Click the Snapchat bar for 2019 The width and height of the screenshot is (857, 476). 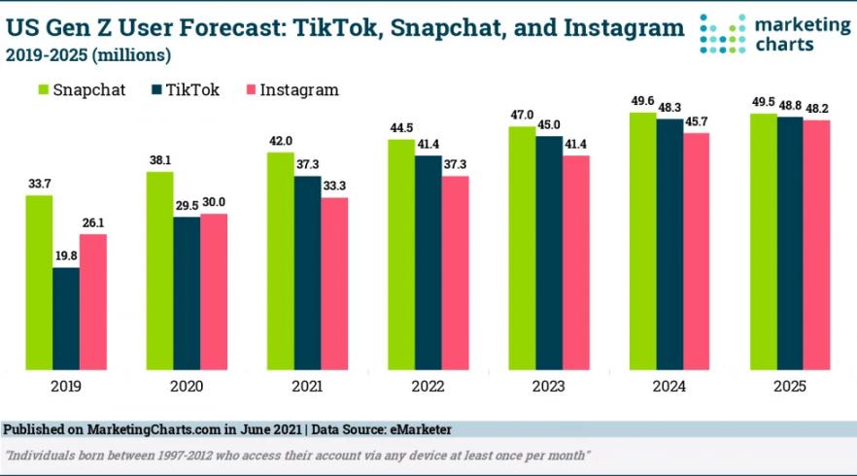pos(39,282)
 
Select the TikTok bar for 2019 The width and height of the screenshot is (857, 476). pos(66,318)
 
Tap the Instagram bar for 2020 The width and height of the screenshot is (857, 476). pos(214,290)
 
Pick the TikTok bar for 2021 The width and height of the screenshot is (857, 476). pos(308,272)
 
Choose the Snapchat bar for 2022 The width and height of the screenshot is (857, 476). pos(401,255)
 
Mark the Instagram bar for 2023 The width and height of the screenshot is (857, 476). pos(576,262)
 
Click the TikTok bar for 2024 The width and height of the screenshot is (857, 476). pos(669,244)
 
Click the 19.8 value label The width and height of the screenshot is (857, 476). pos(66,256)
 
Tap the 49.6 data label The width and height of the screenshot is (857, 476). pos(642,101)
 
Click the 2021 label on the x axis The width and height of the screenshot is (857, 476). pos(307,386)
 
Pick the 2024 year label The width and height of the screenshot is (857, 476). pos(669,386)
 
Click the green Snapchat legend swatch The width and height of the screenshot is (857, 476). pos(43,89)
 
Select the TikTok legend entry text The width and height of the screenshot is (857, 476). pos(192,89)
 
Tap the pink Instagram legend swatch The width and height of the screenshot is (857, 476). pos(252,89)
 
